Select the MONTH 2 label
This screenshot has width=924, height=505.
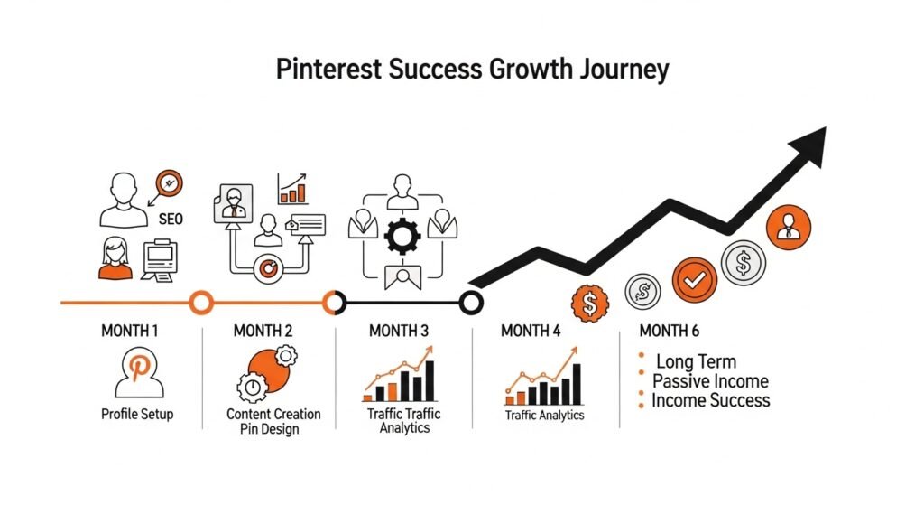tap(263, 332)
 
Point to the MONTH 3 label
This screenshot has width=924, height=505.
tap(399, 332)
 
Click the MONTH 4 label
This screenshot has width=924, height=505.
tap(531, 332)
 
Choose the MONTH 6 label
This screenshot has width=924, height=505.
tap(669, 332)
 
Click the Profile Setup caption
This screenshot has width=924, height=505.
tap(137, 415)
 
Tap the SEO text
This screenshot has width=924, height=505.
tap(171, 220)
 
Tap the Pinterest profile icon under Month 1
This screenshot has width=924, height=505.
tap(140, 374)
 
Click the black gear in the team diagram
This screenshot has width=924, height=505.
tap(402, 236)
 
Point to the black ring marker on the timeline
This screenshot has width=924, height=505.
tap(470, 302)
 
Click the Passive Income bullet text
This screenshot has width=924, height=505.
tap(710, 381)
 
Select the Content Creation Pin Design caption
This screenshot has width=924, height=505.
tap(273, 421)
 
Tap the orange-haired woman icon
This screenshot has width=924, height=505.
tap(115, 257)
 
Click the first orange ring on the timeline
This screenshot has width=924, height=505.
tap(201, 302)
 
